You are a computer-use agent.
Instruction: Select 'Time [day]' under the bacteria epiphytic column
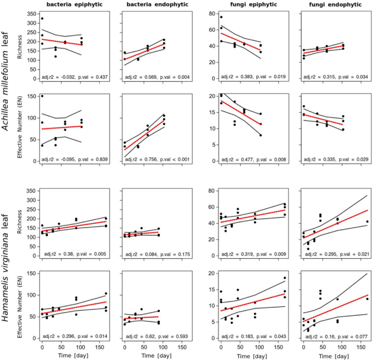74,356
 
